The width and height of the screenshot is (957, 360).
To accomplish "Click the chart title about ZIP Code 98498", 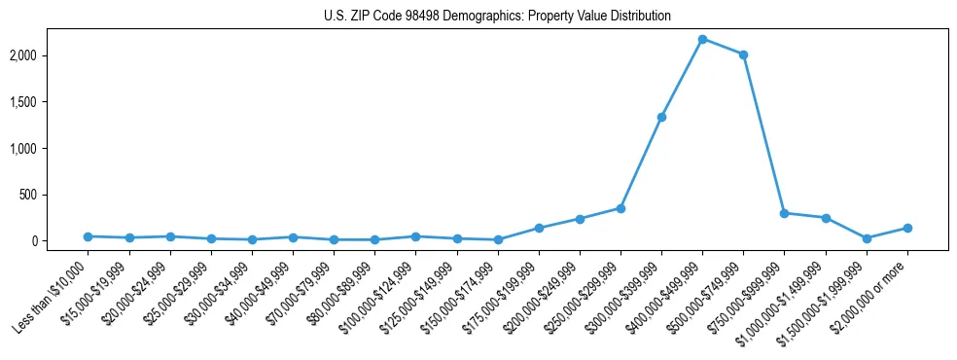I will point(497,17).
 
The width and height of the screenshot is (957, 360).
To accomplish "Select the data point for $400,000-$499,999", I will point(702,39).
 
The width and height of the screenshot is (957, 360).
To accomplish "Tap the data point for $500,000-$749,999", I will point(743,54).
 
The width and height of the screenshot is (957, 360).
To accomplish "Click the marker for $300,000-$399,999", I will point(661,117).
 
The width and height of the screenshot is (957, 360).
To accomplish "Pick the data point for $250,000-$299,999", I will point(620,208).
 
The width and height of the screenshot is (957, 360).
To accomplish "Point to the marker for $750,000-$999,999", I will point(784,213).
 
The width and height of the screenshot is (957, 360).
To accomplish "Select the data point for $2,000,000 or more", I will point(907,228).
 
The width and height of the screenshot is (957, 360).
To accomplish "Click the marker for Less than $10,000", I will point(89,236).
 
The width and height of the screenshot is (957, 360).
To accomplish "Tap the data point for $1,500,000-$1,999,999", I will point(867,238).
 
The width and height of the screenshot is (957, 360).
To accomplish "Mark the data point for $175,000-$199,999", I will point(539,228).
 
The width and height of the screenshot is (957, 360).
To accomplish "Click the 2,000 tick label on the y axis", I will point(50,55).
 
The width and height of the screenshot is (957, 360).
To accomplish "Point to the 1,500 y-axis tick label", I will point(50,102).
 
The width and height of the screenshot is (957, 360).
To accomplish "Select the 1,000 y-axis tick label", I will point(50,148).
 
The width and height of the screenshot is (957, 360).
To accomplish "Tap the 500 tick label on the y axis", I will point(56,195).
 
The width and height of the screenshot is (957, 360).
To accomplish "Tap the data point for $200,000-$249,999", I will point(580,219).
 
